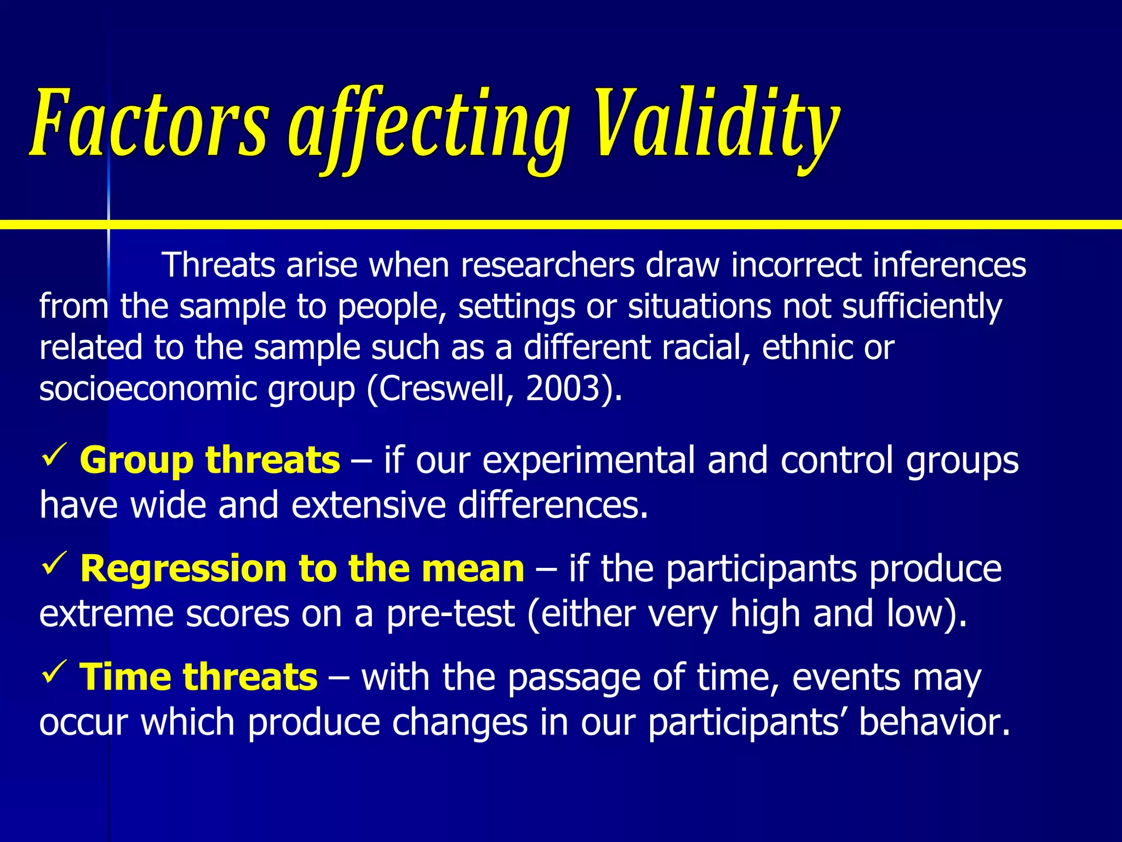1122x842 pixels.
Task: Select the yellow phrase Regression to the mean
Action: (x=302, y=568)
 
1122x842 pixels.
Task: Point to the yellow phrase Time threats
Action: (x=198, y=677)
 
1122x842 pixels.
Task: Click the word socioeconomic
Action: (x=148, y=389)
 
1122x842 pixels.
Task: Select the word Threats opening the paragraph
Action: (x=218, y=265)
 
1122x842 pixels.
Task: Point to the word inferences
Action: (x=949, y=265)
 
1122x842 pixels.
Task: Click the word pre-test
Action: (x=450, y=614)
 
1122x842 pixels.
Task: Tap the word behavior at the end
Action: (x=934, y=722)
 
